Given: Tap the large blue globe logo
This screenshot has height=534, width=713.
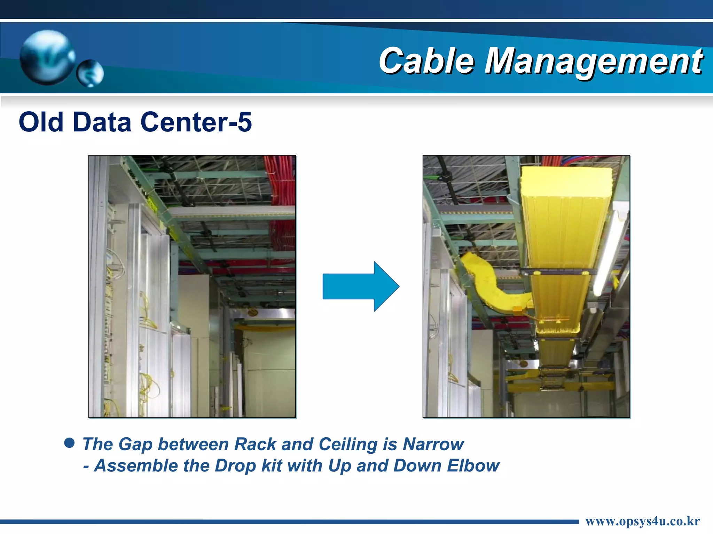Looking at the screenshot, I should pos(47,57).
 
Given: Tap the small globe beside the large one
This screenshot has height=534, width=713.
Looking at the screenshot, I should pos(90,73).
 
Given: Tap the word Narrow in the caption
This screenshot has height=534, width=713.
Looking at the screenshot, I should pos(433,444).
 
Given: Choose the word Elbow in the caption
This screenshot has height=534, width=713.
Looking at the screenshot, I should pos(473,466).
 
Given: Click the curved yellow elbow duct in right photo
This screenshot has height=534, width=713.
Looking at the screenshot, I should pos(487,282).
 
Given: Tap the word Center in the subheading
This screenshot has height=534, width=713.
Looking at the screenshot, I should pos(183,122).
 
